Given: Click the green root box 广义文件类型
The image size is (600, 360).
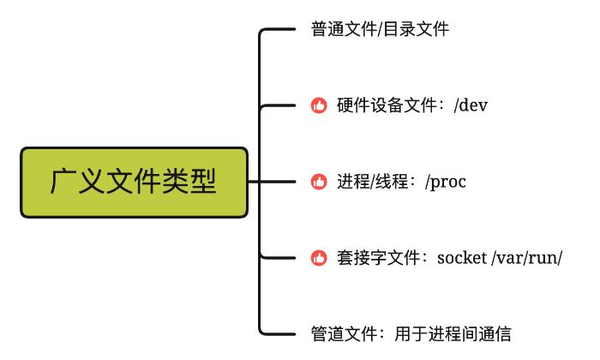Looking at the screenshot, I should (134, 182).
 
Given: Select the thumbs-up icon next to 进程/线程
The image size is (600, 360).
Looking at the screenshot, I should (319, 182).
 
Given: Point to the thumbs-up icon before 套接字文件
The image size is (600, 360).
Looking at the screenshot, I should (319, 257).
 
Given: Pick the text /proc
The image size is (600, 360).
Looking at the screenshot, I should (446, 182).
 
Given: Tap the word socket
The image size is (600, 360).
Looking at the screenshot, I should (461, 257).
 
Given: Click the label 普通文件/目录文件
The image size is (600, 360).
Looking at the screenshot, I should (380, 30).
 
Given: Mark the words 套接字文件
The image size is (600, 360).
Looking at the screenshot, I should (377, 257).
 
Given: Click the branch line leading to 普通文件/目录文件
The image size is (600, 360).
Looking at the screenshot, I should (279, 30).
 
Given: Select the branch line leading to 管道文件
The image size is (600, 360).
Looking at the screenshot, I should (279, 333).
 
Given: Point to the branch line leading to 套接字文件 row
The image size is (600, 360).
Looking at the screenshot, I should (279, 257).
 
